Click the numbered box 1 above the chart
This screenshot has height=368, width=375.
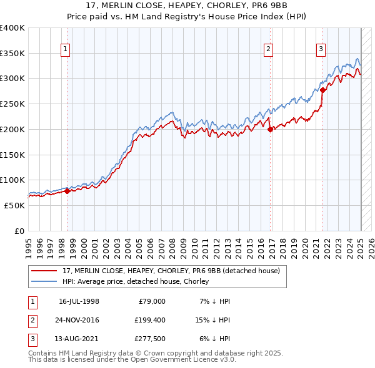[x=65, y=51]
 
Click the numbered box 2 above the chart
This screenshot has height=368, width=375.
[x=268, y=51]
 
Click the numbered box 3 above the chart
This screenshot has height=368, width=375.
[x=321, y=51]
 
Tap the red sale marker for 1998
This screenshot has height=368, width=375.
[x=67, y=191]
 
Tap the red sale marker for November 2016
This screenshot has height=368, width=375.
[x=271, y=130]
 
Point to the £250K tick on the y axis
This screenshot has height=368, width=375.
[x=12, y=104]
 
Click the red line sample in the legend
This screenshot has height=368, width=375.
[x=44, y=271]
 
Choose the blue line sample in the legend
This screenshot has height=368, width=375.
[x=44, y=281]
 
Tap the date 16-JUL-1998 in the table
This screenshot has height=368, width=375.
[x=79, y=301]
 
